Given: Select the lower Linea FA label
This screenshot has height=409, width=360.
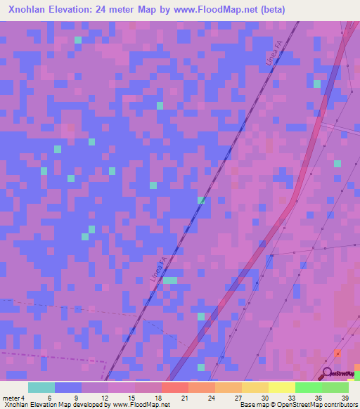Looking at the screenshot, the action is pyautogui.click(x=159, y=270).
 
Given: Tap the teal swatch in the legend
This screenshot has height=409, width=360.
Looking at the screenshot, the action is pyautogui.click(x=41, y=387).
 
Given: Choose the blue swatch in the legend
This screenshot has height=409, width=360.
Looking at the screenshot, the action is pyautogui.click(x=68, y=387).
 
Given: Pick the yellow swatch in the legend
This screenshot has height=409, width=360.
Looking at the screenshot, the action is pyautogui.click(x=282, y=387).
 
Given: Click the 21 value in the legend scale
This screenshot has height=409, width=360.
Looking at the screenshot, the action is pyautogui.click(x=185, y=397).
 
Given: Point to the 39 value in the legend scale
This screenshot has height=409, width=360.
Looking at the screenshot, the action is pyautogui.click(x=345, y=397).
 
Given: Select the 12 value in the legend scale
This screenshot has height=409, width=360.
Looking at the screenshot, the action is pyautogui.click(x=105, y=397).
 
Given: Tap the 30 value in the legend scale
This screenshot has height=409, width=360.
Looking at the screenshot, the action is pyautogui.click(x=265, y=397).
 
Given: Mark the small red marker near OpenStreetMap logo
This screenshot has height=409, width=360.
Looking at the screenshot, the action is pyautogui.click(x=337, y=353).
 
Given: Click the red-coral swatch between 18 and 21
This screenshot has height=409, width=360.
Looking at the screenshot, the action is pyautogui.click(x=175, y=387).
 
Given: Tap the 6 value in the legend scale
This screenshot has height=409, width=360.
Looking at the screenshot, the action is pyautogui.click(x=49, y=397).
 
